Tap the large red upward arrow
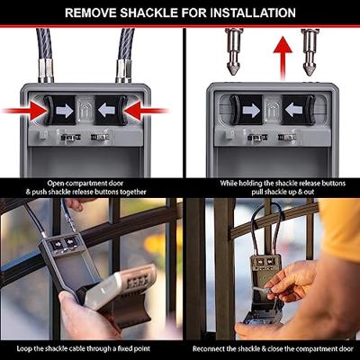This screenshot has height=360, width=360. (x=283, y=58)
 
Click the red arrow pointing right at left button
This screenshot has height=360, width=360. (x=24, y=111)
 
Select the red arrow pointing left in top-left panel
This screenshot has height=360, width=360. (x=146, y=111)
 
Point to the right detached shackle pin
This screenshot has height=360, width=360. (x=310, y=52)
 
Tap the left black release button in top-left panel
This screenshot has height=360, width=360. (x=59, y=111)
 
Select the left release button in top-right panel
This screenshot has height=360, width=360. (x=246, y=110)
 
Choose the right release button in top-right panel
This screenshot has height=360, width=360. (x=298, y=110)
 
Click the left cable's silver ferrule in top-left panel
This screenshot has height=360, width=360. (x=46, y=70)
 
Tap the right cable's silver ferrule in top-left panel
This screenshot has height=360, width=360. (x=123, y=70)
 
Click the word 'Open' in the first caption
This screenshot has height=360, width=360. (x=56, y=184)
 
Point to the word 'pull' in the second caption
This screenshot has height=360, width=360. (x=257, y=192)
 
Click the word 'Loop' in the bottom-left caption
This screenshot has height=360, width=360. (x=23, y=348)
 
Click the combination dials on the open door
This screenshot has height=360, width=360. (x=137, y=282)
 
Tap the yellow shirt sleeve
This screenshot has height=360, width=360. (x=340, y=228)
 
